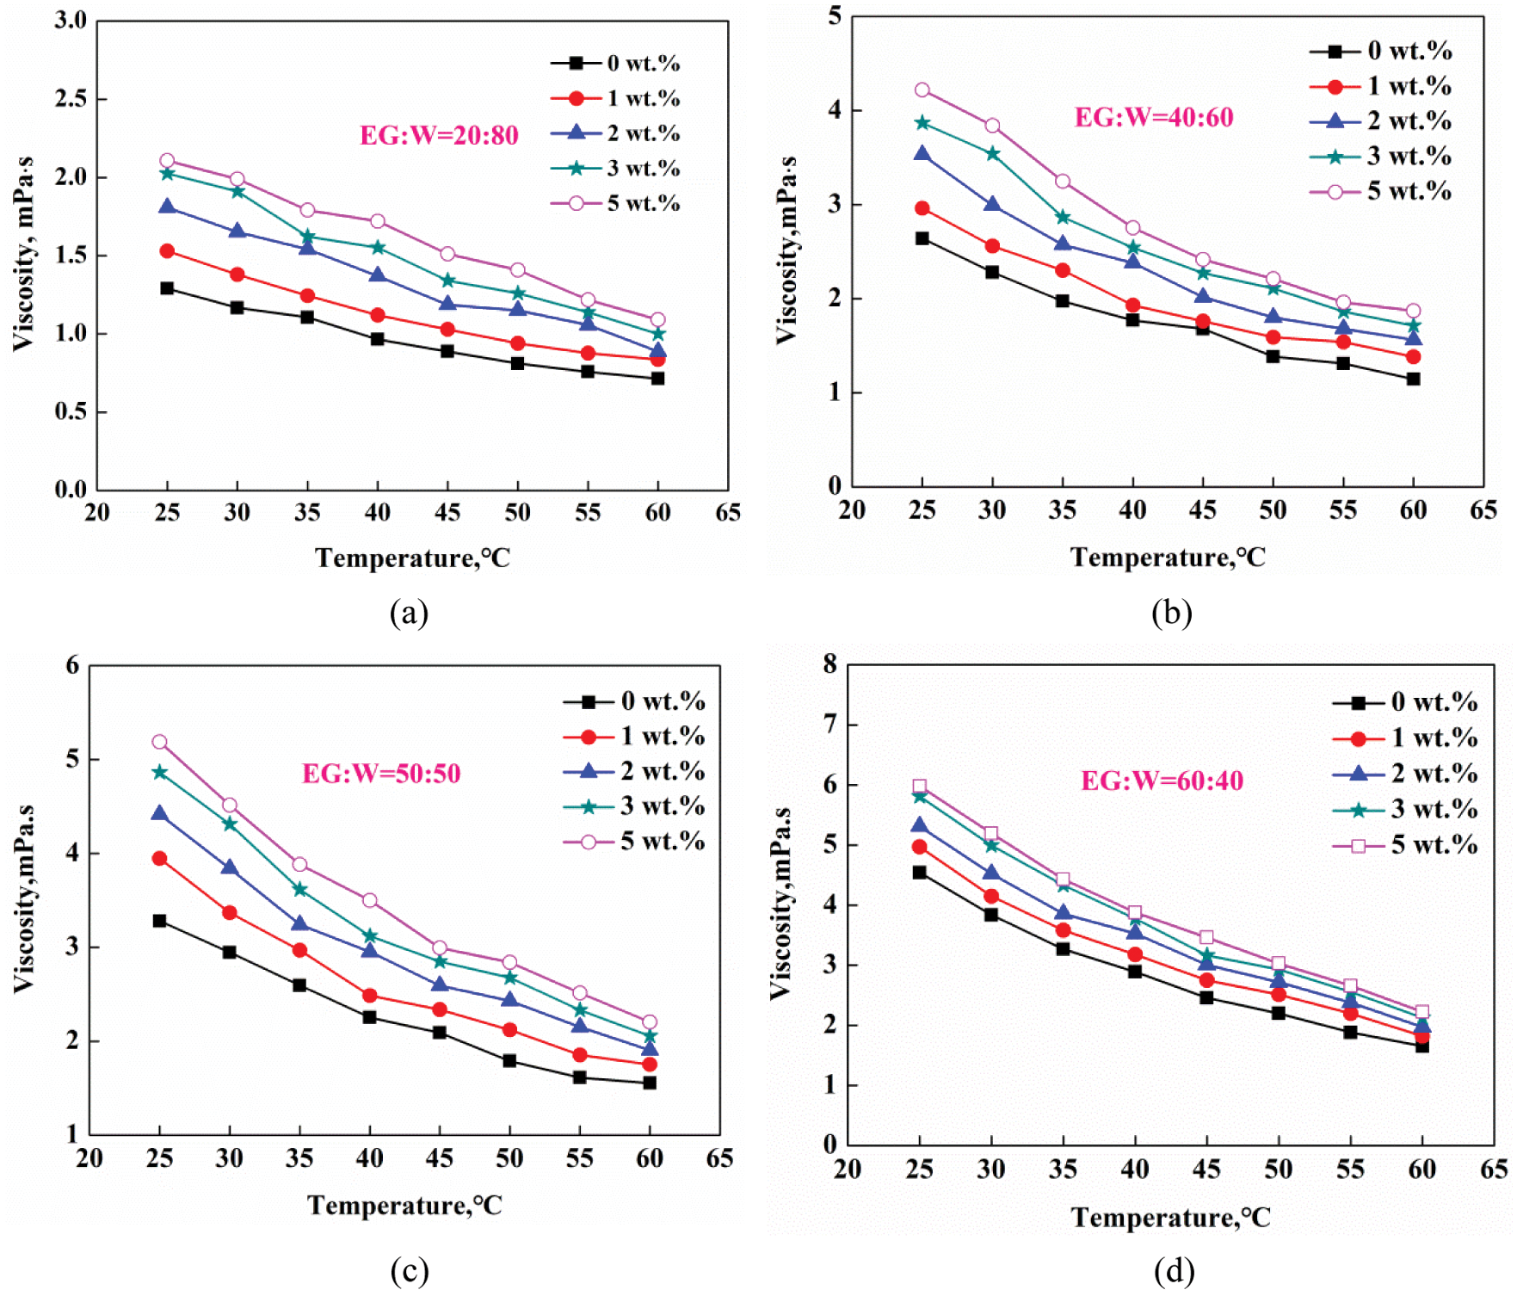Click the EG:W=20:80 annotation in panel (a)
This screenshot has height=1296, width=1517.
pyautogui.click(x=439, y=135)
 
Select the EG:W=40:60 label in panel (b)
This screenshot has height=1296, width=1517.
pyautogui.click(x=1153, y=117)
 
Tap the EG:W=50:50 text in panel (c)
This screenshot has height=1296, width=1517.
pyautogui.click(x=381, y=773)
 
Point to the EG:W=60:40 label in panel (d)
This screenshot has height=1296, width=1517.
pyautogui.click(x=1162, y=781)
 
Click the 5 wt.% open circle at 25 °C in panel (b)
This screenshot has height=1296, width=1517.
pyautogui.click(x=922, y=90)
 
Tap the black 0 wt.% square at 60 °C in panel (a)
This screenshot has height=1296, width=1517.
pyautogui.click(x=657, y=378)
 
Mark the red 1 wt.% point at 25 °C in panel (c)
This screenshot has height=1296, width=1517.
pyautogui.click(x=159, y=858)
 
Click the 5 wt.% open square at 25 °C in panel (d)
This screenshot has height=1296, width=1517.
pyautogui.click(x=920, y=786)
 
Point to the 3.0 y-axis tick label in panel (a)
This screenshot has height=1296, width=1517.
pyautogui.click(x=71, y=21)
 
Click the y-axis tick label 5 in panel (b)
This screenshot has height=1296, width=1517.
pyautogui.click(x=834, y=15)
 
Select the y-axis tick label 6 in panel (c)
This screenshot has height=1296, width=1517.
pyautogui.click(x=72, y=665)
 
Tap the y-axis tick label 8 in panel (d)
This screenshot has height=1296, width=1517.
pyautogui.click(x=829, y=663)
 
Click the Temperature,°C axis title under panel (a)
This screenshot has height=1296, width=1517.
pyautogui.click(x=413, y=559)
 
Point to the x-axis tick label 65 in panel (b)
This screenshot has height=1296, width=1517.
pyautogui.click(x=1483, y=509)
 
